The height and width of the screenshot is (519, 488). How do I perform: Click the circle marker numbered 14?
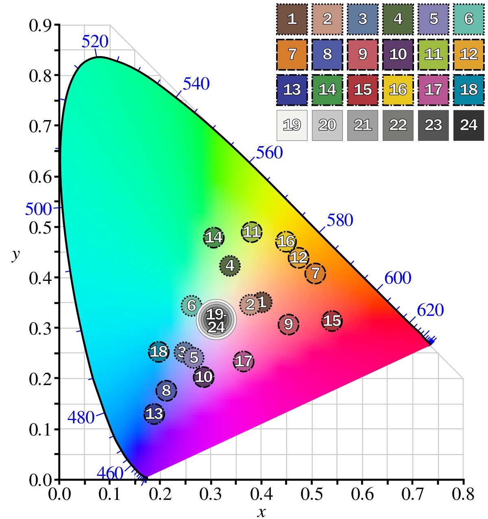[214, 237]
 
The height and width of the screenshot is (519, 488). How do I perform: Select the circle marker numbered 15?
[332, 321]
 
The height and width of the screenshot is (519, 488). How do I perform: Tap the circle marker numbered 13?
[154, 414]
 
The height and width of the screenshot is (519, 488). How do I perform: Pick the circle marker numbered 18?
[159, 351]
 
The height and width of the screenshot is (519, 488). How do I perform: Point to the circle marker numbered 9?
[288, 324]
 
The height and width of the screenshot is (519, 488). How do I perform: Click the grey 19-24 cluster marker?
[216, 320]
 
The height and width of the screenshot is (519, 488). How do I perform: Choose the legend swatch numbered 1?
[292, 19]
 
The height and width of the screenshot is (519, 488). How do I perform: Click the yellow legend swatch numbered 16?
[398, 90]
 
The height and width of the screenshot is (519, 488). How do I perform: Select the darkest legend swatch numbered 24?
[468, 125]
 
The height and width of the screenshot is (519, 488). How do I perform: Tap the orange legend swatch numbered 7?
[292, 54]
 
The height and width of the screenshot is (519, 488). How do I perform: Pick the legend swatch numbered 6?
[468, 19]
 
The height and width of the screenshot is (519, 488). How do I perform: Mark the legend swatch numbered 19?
[292, 125]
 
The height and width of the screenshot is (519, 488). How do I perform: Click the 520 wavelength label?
[95, 42]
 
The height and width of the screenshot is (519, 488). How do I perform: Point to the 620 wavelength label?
[430, 311]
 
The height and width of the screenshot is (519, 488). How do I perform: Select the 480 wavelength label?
[81, 418]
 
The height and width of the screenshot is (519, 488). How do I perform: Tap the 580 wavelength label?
[340, 220]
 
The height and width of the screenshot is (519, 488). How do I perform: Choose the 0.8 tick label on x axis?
[463, 494]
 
